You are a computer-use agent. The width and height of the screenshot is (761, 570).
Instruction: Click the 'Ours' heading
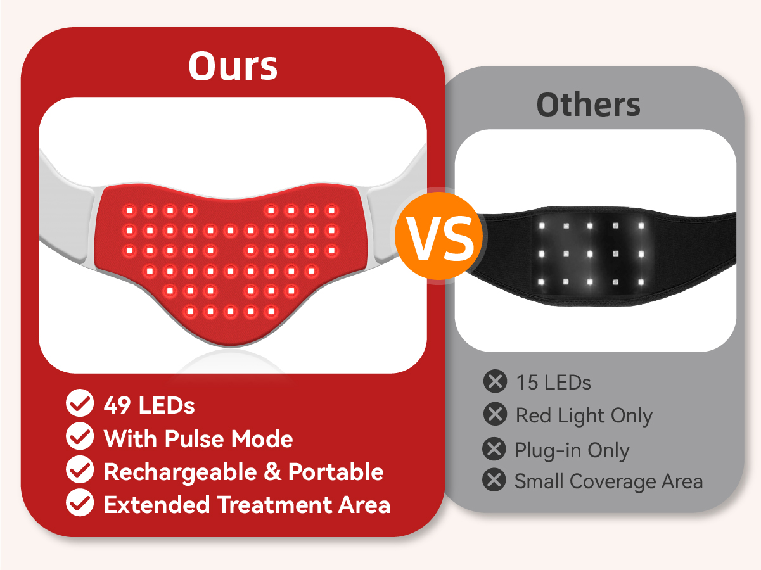click(x=233, y=66)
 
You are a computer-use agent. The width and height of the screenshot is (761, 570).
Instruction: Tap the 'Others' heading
click(x=589, y=104)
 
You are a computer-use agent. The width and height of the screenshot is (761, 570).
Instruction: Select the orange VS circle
click(x=439, y=236)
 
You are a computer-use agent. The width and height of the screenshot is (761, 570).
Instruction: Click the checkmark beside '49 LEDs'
click(x=80, y=403)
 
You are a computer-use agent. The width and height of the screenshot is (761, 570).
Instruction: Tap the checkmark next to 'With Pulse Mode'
click(x=80, y=436)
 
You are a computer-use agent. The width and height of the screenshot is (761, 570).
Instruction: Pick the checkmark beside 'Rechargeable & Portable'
click(x=80, y=469)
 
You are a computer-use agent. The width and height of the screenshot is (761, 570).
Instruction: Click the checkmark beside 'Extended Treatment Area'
click(x=80, y=502)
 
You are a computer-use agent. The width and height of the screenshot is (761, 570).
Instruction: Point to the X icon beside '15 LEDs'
click(x=495, y=381)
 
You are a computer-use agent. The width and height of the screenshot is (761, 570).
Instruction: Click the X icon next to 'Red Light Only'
click(x=495, y=414)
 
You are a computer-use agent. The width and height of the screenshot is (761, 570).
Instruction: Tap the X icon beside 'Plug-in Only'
click(x=494, y=449)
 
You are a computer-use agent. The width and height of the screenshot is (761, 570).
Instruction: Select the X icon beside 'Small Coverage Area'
click(x=494, y=479)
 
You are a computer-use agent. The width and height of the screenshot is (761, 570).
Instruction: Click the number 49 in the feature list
click(x=117, y=405)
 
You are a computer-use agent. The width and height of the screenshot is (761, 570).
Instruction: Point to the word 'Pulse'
click(x=194, y=439)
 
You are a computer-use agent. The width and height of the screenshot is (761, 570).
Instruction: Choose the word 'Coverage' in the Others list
click(x=613, y=482)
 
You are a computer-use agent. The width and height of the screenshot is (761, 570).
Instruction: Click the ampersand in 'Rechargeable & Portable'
click(x=272, y=472)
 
